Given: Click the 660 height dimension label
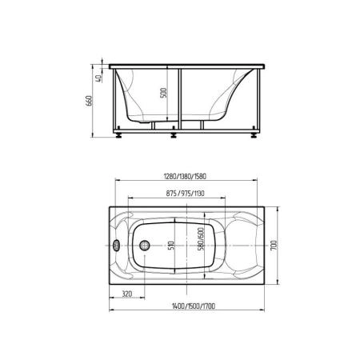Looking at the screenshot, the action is pos(90,101).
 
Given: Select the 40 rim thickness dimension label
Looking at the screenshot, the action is pos(98,78).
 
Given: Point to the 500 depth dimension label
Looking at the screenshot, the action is pos(163,93).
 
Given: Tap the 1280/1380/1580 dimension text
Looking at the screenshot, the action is pos(185,176).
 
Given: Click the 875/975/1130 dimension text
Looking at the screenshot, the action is pos(186,194).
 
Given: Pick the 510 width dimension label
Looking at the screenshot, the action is pos(171,246).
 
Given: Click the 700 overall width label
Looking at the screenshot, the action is pos(274,245).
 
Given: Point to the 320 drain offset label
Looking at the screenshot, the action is pos(127,294).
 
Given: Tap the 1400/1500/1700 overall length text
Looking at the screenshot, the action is pos(194,306).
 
